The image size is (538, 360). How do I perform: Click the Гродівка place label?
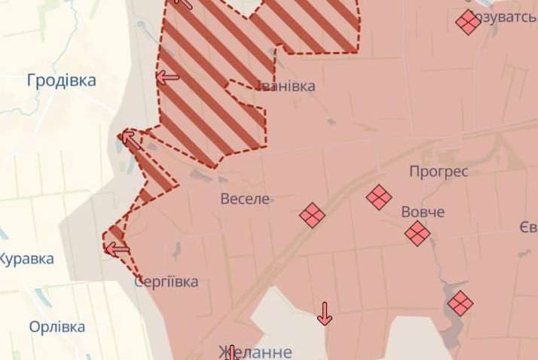point(61,81)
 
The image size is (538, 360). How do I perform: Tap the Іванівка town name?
point(285,86)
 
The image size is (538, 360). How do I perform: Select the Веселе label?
point(245,200)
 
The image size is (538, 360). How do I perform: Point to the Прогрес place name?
point(439,172)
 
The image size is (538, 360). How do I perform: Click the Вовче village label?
point(423,212)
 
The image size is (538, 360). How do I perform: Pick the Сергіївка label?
point(166,282)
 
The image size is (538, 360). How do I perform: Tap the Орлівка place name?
point(57,328)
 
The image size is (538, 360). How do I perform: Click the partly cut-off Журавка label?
point(26,259)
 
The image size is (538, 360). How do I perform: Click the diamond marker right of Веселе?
point(312,215)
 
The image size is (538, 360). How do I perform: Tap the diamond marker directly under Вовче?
point(417,233)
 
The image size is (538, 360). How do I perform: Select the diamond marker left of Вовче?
point(379,198)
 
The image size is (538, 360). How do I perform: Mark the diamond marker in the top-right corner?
point(468,22)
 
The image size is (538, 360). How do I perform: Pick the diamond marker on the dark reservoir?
point(460,304)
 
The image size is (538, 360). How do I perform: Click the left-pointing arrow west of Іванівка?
point(167,77)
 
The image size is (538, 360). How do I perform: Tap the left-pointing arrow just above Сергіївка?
point(117,249)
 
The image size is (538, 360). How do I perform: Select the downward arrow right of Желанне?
point(325,313)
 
